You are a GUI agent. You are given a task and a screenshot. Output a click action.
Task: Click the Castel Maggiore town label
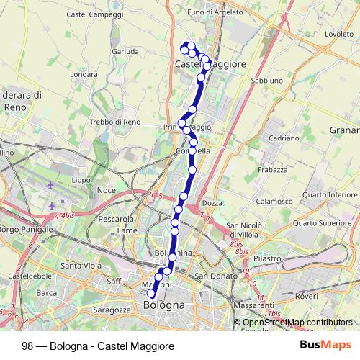click(210, 64)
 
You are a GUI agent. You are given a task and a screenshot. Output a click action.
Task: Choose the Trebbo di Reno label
click(114, 122)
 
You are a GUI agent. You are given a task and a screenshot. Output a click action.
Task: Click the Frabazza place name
click(274, 170)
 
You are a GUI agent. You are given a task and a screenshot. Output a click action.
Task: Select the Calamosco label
click(273, 202)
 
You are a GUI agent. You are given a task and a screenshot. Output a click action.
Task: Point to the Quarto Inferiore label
click(330, 194)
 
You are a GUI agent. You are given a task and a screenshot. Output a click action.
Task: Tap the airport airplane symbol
click(50, 186)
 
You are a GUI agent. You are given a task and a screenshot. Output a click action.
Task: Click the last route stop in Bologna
click(151, 294)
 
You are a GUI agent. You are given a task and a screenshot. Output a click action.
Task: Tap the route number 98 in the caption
click(27, 346)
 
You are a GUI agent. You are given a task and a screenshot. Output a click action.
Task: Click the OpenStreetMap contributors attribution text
click(297, 323)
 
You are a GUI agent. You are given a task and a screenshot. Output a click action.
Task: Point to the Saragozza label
click(111, 310)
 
